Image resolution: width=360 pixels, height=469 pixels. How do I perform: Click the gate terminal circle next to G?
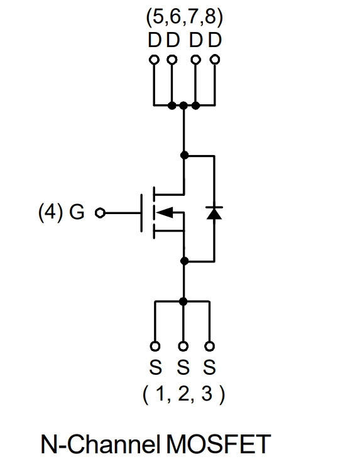point(100,213)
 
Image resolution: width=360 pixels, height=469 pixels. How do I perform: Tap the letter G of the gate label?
point(77,212)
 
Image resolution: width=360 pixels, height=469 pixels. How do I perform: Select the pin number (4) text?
point(50,212)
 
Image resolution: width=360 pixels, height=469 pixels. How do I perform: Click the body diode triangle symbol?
point(214,213)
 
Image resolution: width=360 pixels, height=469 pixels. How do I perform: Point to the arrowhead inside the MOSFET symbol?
point(165,212)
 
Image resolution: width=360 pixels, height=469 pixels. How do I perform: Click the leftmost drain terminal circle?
point(154,60)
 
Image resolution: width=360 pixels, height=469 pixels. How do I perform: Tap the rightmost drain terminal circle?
point(215,60)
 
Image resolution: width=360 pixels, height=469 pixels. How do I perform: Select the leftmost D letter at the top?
point(155,40)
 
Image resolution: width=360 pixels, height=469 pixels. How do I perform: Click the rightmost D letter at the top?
point(215,40)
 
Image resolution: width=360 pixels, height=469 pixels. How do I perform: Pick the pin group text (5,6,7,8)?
point(184,18)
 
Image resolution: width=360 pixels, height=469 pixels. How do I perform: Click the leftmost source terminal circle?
point(155,346)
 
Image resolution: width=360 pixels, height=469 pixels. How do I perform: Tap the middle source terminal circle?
point(183,346)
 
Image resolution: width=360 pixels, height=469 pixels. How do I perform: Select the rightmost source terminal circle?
point(209,346)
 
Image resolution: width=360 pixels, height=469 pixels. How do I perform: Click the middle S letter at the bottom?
point(183,367)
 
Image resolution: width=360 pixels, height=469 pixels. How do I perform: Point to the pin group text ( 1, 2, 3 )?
point(183,394)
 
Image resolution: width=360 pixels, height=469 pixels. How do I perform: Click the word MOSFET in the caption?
point(218,444)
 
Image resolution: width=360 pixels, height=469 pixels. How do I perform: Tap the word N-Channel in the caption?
point(101,444)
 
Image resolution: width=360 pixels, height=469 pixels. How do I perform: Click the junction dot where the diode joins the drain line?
point(185,155)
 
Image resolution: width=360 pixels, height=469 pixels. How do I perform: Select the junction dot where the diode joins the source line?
point(185,261)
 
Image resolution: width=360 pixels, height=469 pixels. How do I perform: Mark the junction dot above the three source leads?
point(183,301)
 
